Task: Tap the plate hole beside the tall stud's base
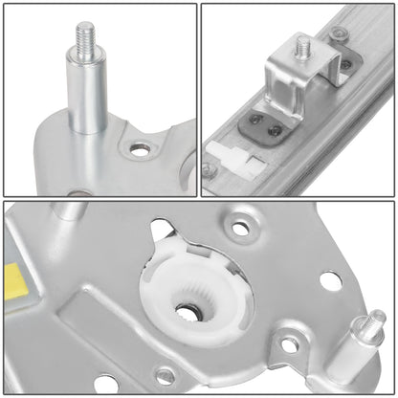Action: click(x=141, y=149)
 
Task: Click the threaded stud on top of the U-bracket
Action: click(x=303, y=47)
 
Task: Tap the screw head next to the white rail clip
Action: click(x=210, y=170)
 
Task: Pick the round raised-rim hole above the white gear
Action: click(x=238, y=231)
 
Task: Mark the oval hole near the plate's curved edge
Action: click(x=330, y=281)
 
